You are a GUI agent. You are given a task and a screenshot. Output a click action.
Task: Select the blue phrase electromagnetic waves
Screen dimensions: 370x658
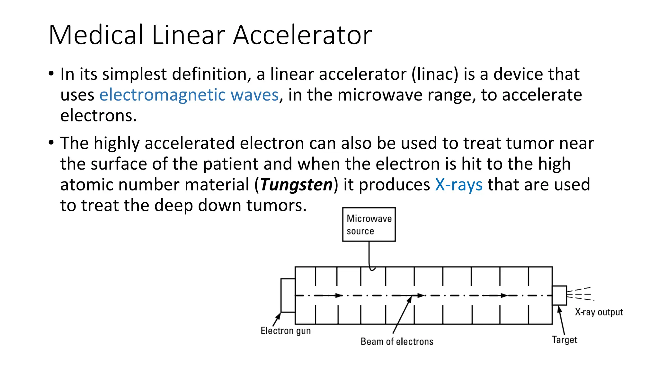[189, 95]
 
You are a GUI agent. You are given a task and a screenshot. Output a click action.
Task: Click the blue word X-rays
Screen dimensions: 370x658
[458, 185]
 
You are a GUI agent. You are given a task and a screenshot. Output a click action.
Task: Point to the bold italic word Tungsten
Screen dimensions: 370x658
[296, 185]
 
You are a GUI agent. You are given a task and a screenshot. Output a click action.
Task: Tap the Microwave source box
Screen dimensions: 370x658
[369, 225]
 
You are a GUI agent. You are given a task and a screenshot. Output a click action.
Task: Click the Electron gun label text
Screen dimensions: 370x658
[286, 331]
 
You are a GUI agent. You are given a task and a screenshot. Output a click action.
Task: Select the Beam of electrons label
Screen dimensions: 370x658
[397, 341]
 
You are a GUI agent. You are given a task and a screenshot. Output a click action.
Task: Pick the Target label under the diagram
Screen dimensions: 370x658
[565, 340]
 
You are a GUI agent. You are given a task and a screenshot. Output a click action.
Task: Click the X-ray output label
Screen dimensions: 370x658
[599, 312]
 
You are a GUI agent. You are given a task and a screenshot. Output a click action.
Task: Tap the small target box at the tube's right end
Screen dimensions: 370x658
[559, 295]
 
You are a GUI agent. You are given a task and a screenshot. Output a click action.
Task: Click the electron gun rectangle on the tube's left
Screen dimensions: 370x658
[288, 295]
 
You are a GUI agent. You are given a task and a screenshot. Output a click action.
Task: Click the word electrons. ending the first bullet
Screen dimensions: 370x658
[98, 116]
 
